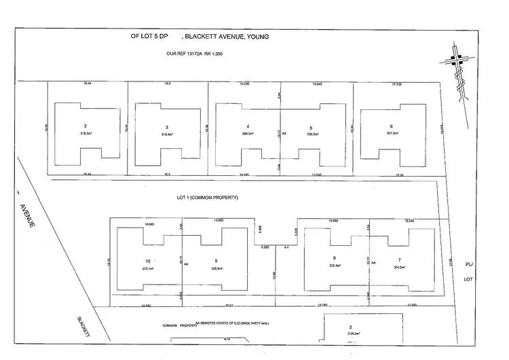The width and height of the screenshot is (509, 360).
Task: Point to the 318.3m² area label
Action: tap(86, 134)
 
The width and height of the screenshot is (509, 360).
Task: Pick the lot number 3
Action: tap(166, 127)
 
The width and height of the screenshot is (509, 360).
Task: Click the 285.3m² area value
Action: tap(248, 134)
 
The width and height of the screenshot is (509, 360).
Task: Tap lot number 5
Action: tap(310, 127)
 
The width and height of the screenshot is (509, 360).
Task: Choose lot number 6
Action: tap(392, 127)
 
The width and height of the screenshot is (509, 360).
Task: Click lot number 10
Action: tap(147, 262)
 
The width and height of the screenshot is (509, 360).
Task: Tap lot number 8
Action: tap(334, 257)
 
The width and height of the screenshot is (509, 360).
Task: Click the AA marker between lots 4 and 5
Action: tap(285, 134)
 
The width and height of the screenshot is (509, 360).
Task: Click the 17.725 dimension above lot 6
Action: tap(397, 84)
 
